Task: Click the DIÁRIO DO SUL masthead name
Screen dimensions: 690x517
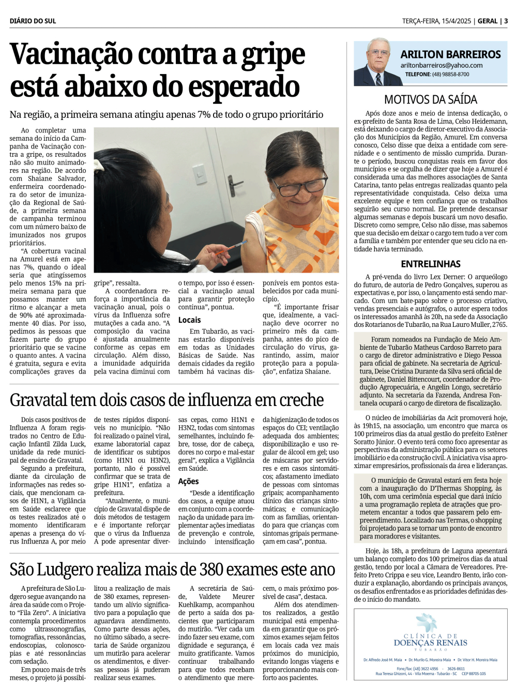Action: pos(33,21)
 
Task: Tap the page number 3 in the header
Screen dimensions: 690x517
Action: pos(506,21)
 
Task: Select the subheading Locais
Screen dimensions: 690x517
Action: pos(189,320)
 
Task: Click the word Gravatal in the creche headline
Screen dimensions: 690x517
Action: pos(39,400)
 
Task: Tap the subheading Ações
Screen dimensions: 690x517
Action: pos(188,481)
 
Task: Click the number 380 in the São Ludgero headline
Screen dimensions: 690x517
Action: pos(214,569)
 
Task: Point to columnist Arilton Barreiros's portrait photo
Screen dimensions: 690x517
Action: pos(378,63)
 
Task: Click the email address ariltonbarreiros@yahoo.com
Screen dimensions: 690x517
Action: pos(441,66)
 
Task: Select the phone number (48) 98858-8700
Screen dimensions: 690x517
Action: pos(450,74)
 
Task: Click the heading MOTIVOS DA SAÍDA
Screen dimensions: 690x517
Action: pos(430,100)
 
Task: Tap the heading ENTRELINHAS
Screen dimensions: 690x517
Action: pos(430,264)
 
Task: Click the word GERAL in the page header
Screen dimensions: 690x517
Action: pos(487,21)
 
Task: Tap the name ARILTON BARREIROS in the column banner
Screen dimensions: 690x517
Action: pos(450,54)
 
